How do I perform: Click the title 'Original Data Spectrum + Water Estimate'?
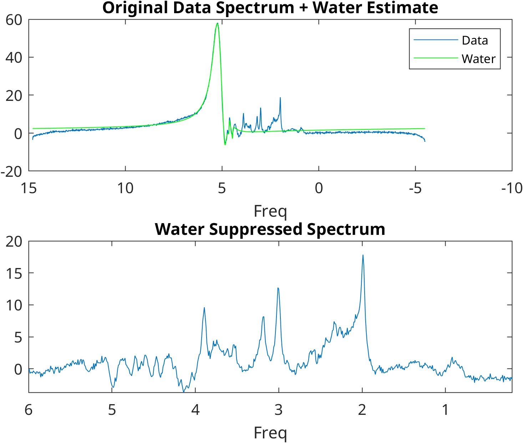point(270,8)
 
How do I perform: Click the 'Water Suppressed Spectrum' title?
point(270,229)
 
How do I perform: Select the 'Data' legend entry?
point(474,40)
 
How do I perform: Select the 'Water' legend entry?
point(478,59)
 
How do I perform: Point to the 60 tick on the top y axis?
point(14,20)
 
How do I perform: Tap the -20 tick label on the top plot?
point(11,172)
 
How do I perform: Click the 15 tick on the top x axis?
point(29,188)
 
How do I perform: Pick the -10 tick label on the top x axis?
point(512,188)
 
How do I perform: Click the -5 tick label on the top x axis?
point(415,188)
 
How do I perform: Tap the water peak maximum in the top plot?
point(217,24)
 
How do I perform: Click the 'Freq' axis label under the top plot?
point(270,211)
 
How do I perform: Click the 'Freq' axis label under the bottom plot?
point(270,433)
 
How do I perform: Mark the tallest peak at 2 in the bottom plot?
point(363,255)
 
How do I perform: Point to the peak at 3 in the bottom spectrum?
point(278,288)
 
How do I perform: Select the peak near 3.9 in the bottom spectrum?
point(204,308)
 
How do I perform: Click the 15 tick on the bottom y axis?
point(14,273)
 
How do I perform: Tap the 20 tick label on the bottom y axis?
point(14,242)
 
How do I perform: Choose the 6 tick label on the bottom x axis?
point(29,410)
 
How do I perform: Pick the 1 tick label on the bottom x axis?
point(445,410)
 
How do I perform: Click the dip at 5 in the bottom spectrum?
point(113,387)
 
